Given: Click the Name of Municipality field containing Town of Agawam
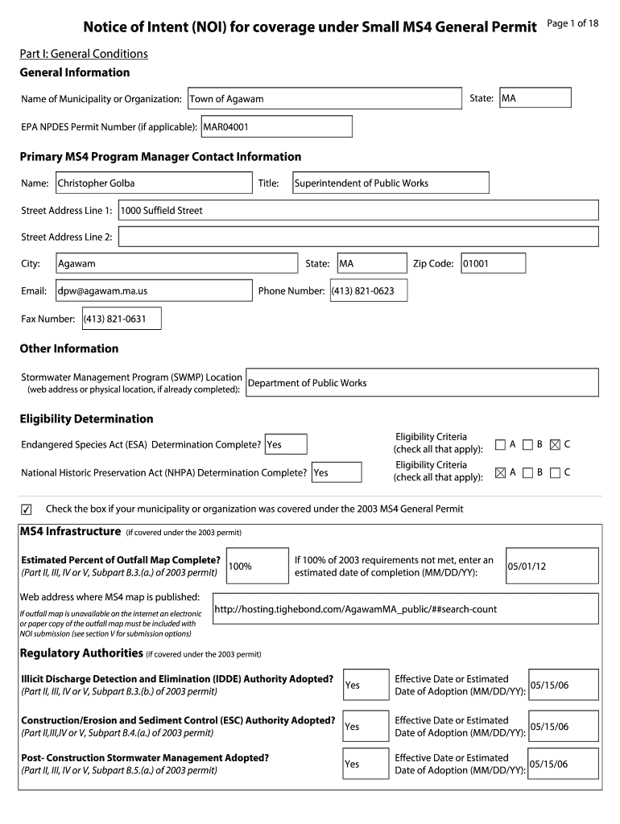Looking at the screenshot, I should click(x=324, y=99).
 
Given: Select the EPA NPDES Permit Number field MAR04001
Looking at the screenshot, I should click(x=276, y=127).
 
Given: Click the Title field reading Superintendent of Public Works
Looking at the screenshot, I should click(x=390, y=183).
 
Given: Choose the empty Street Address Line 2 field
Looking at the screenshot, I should click(x=358, y=237).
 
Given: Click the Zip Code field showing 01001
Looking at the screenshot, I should click(x=493, y=264).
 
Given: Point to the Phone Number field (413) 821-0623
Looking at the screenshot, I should click(x=368, y=290).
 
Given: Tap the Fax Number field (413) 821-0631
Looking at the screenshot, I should click(x=121, y=319).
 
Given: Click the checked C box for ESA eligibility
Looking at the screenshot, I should click(x=554, y=444).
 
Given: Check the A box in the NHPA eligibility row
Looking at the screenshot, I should click(x=500, y=472).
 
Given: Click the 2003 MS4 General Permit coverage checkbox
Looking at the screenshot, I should click(x=27, y=509).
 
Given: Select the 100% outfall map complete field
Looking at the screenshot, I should click(x=258, y=566).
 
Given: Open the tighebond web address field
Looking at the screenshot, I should click(x=405, y=609).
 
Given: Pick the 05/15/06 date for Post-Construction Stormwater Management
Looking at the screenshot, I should click(x=563, y=764).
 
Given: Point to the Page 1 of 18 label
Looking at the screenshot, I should click(x=572, y=23).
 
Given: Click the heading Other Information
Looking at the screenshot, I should click(x=68, y=348).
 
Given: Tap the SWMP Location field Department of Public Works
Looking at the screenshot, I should click(x=422, y=383).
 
